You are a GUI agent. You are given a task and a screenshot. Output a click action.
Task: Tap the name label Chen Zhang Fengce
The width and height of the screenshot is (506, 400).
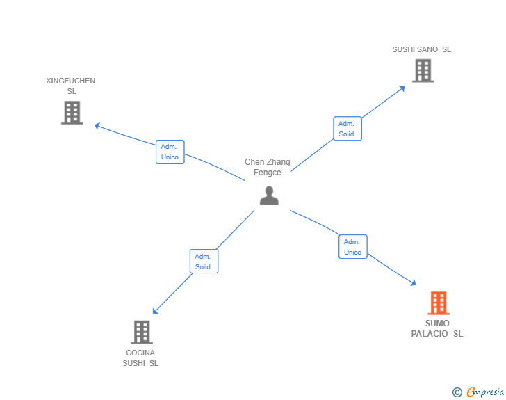click(268, 167)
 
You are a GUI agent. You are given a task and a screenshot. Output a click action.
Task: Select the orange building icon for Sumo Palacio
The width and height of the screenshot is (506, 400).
click(438, 303)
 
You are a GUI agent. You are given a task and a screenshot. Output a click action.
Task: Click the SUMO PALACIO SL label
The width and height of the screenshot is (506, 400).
click(436, 328)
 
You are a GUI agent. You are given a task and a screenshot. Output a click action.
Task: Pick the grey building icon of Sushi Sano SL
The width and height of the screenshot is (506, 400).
click(423, 70)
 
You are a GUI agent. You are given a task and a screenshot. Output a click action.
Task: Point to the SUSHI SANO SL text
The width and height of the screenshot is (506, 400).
click(421, 49)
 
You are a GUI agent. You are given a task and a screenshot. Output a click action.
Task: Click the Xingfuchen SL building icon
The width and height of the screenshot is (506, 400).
click(72, 113)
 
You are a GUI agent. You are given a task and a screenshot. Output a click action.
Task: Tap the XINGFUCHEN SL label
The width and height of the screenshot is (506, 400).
click(71, 86)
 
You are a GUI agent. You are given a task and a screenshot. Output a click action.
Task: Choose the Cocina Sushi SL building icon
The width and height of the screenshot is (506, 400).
click(142, 332)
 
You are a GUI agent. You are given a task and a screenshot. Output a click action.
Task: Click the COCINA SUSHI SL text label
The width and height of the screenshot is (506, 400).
click(140, 358)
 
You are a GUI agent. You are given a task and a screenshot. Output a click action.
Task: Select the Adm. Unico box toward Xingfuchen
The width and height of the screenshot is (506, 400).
click(170, 152)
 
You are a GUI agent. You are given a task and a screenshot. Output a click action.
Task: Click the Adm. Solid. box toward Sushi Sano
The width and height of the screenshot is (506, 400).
click(348, 129)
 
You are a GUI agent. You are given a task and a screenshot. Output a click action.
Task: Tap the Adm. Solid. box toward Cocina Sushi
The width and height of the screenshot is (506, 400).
click(204, 262)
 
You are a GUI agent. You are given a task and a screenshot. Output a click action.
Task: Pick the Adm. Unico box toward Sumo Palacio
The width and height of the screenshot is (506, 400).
click(352, 247)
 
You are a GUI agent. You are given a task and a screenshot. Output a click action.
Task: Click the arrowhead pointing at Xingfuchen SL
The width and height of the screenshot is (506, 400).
click(97, 126)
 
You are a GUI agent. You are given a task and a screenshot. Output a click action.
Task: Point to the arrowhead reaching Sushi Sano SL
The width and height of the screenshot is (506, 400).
click(402, 88)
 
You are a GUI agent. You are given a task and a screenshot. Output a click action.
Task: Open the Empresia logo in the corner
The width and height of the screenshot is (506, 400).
click(485, 392)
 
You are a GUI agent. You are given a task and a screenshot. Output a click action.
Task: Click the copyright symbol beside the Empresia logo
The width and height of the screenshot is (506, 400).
click(457, 392)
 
